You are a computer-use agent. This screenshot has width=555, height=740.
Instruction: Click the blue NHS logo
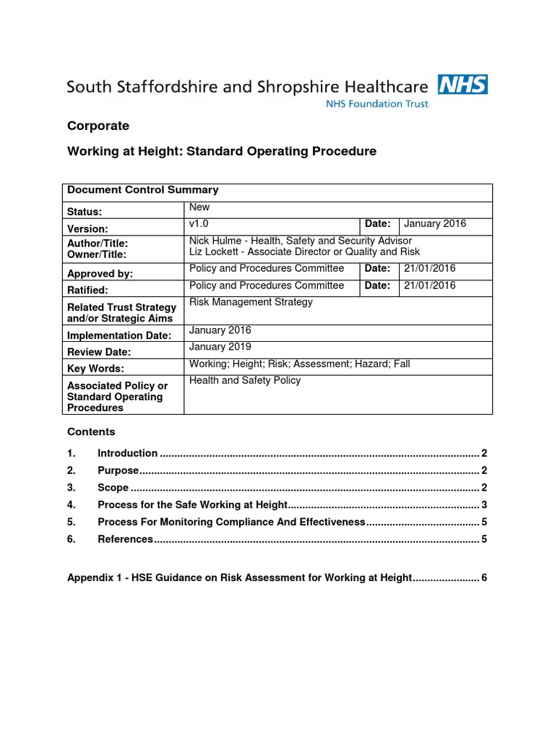coord(462,85)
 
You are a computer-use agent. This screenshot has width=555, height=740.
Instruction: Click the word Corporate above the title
coord(98,126)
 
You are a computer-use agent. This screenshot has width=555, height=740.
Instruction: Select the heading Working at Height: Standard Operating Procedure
coord(222,151)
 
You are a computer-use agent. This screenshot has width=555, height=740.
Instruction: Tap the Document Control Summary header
coord(142,190)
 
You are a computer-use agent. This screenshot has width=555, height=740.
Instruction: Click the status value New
coord(199,207)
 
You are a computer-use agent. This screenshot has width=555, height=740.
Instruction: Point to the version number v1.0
coord(199,224)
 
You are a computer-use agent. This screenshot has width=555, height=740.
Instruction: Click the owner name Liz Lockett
coord(215,251)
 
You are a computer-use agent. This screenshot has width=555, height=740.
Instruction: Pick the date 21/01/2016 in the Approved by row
coord(430,268)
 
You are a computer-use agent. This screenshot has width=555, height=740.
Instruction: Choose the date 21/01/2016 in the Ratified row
coord(430,285)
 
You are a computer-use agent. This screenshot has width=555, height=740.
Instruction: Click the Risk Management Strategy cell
coord(251,302)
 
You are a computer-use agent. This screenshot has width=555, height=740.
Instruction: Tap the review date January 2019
coord(220,347)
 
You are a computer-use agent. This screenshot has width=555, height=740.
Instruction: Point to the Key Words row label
coord(95,369)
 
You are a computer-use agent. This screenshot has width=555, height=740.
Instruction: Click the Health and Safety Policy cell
coord(245,380)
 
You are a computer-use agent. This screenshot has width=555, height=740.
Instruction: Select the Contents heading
coord(91,431)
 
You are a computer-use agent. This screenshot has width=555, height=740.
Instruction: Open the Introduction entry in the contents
coord(127,453)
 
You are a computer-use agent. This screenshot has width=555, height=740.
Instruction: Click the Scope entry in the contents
coord(113,488)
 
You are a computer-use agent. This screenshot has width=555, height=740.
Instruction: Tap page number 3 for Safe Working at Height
coord(484,505)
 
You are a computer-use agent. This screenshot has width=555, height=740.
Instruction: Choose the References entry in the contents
coord(125,539)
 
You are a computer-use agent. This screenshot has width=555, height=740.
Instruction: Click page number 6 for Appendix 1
coord(484,577)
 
